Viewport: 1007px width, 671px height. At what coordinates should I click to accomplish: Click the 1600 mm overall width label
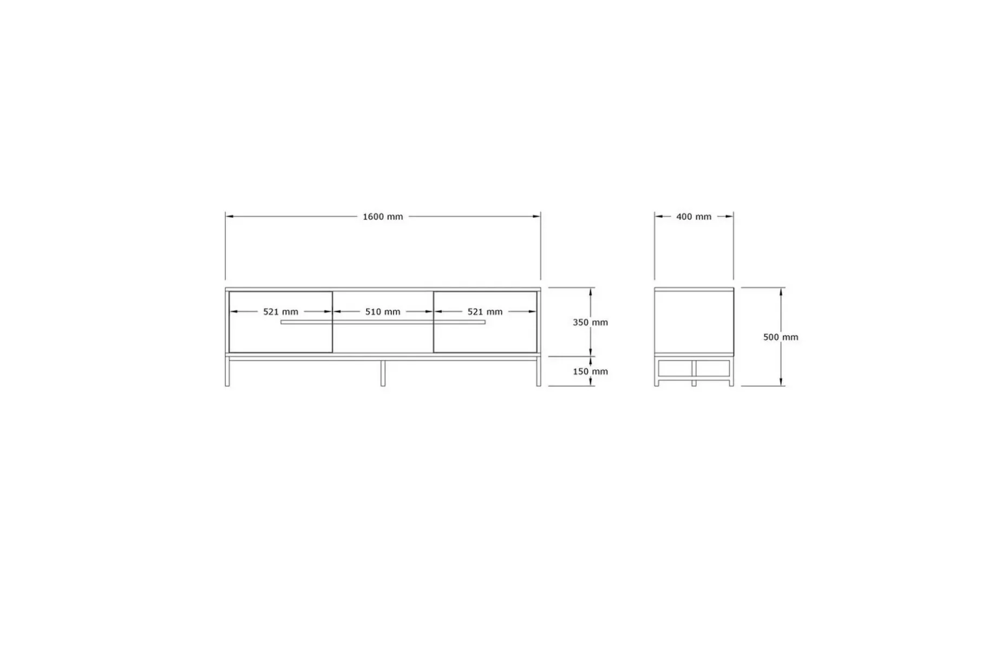pyautogui.click(x=383, y=216)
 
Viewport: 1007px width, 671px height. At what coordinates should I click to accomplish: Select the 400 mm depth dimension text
pyautogui.click(x=694, y=216)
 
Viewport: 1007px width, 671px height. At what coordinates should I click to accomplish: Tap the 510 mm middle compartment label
pyautogui.click(x=383, y=312)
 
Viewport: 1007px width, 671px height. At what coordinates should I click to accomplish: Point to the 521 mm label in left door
pyautogui.click(x=280, y=312)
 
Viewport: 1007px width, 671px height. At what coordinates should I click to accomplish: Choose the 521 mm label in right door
pyautogui.click(x=485, y=312)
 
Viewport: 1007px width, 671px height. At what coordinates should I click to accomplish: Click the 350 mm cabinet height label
pyautogui.click(x=590, y=323)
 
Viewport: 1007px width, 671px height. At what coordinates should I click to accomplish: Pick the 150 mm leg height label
pyautogui.click(x=590, y=371)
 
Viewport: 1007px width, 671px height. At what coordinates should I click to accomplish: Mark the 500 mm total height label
pyautogui.click(x=781, y=337)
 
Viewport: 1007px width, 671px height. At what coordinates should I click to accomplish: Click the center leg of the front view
pyautogui.click(x=383, y=373)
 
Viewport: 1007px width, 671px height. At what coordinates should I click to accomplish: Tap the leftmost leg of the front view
pyautogui.click(x=227, y=372)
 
